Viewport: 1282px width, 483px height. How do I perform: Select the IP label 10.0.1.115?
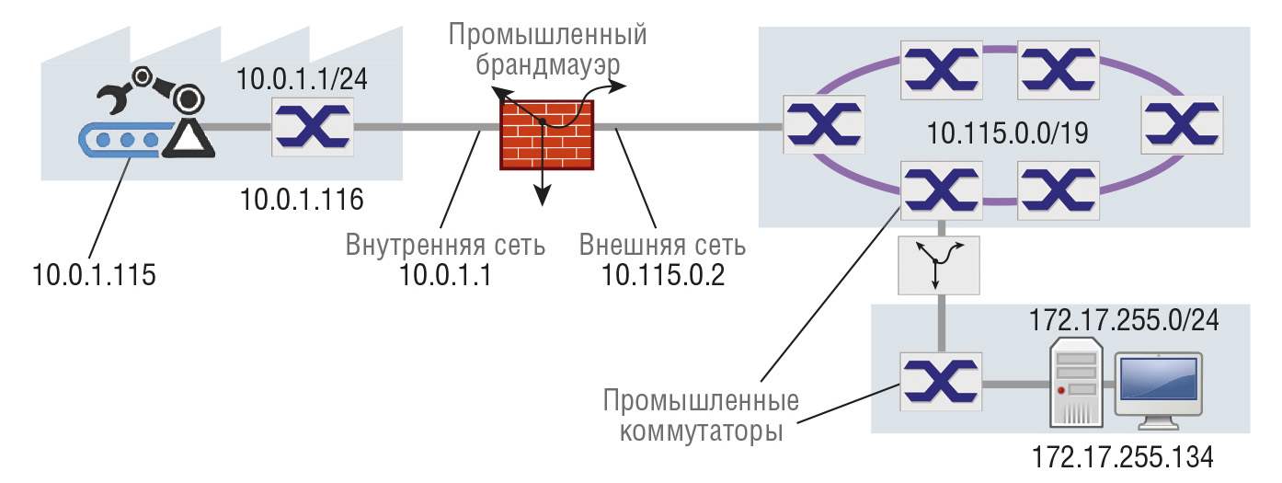pos(95,274)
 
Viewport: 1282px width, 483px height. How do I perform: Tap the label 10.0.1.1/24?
pos(303,80)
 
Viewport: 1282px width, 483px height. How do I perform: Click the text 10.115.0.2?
pos(663,275)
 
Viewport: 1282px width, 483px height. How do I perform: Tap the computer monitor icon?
pos(1157,390)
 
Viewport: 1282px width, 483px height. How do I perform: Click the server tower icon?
pos(1078,382)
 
